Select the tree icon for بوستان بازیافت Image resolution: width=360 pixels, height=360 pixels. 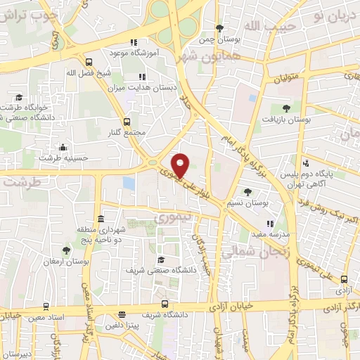click(285, 108)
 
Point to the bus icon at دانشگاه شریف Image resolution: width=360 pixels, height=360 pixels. click(165, 304)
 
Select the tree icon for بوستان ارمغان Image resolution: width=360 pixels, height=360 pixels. click(66, 250)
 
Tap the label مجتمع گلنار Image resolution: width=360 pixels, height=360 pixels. click(127, 132)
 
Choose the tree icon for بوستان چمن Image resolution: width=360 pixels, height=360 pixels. click(219, 28)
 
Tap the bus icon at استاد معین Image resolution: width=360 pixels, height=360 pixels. click(46, 307)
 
